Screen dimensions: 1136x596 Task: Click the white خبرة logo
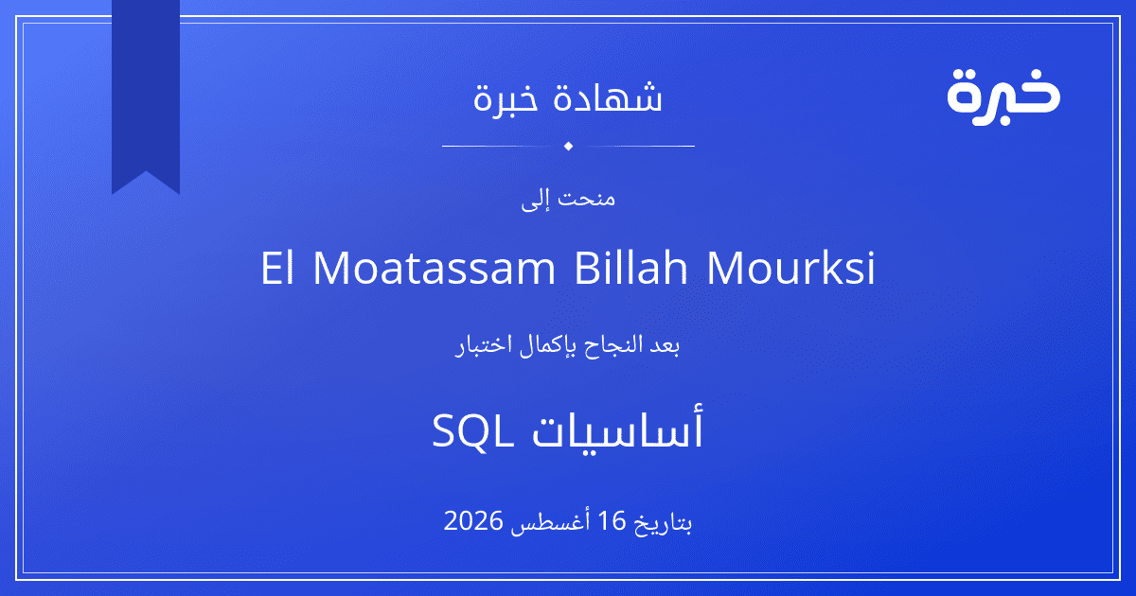click(x=1003, y=96)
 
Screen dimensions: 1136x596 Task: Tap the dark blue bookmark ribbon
click(x=146, y=91)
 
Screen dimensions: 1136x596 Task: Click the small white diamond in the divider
click(x=569, y=146)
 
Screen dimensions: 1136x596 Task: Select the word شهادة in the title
click(x=608, y=96)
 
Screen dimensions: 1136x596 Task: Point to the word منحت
click(x=586, y=198)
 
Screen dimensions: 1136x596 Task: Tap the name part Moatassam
click(x=435, y=267)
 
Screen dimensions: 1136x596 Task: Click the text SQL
click(x=472, y=430)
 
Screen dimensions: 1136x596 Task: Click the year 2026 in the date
click(x=473, y=520)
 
